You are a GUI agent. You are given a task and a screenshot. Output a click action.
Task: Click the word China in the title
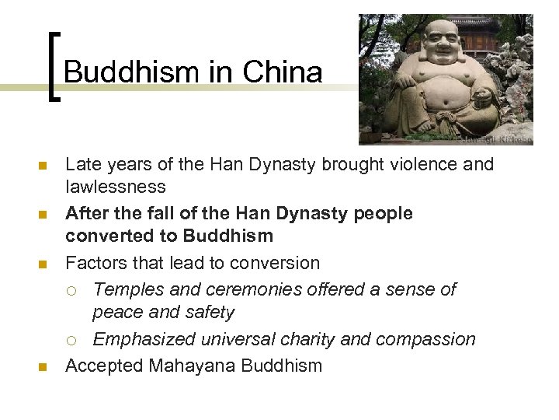[x=282, y=72]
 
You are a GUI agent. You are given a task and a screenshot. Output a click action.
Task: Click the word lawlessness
[x=115, y=187]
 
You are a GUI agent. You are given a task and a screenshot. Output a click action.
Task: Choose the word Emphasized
[x=145, y=339]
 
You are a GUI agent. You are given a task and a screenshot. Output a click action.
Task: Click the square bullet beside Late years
[x=43, y=166]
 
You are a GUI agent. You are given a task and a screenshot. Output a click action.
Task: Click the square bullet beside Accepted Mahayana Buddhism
[x=43, y=366]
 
